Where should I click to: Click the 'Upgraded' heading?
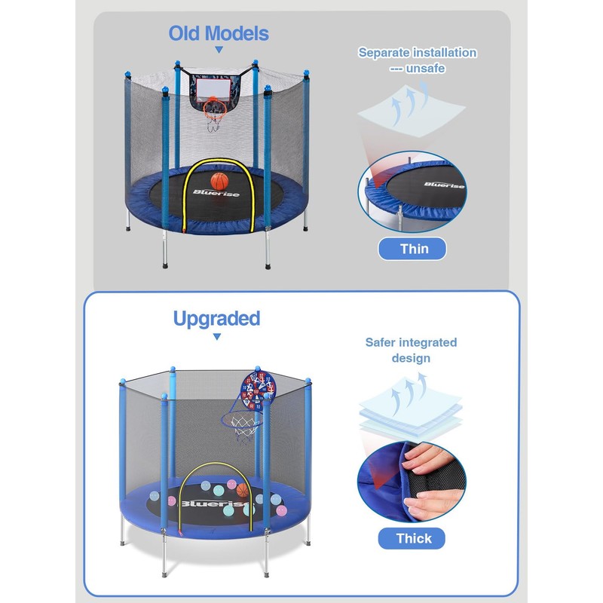[216, 318]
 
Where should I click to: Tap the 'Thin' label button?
[412, 249]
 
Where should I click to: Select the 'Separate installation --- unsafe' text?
[417, 60]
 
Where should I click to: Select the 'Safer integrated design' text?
[411, 350]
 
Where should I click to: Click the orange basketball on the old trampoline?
[219, 181]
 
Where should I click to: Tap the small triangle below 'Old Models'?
[219, 51]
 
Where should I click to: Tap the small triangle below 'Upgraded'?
[216, 337]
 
